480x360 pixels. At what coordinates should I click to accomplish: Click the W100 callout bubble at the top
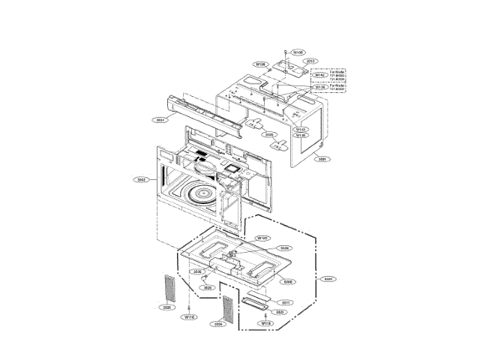[x=298, y=52]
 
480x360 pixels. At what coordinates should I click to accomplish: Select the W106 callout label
[x=261, y=64]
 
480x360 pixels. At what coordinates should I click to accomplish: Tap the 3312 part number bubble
[x=310, y=61]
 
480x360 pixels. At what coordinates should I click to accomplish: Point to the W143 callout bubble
[x=300, y=129]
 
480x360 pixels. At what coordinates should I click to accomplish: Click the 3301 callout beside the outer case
[x=322, y=159]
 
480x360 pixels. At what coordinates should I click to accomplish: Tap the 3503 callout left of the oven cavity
[x=140, y=180]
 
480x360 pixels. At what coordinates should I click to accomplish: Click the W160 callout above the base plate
[x=262, y=238]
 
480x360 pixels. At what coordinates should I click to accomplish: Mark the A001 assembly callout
[x=328, y=279]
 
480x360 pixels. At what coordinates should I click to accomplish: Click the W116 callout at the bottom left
[x=190, y=317]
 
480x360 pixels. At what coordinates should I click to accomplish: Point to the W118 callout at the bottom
[x=265, y=323]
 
